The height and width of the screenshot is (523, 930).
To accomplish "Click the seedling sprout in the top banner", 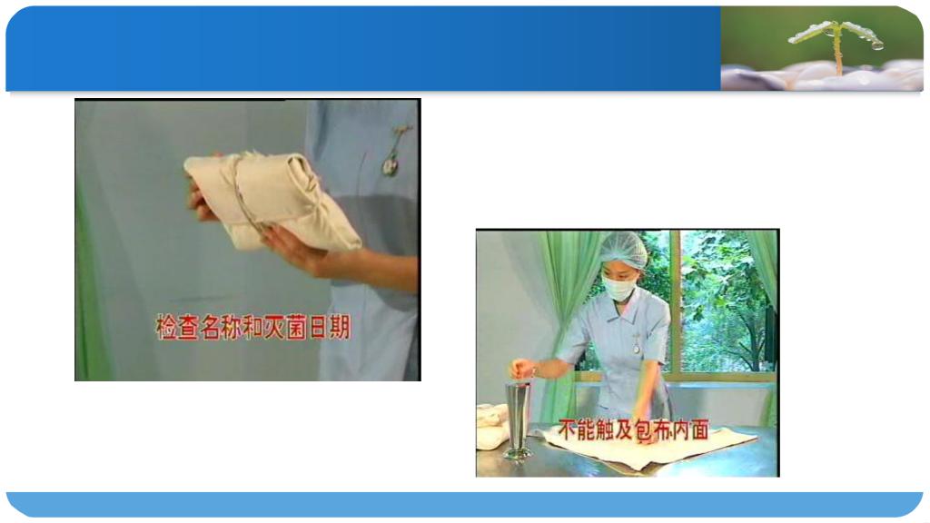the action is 836,44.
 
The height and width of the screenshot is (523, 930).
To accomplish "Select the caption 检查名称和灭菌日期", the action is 253,327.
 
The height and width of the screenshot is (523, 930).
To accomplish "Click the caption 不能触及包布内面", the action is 633,429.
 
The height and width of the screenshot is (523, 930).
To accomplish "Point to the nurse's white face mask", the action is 618,288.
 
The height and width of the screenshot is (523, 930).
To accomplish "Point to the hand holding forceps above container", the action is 523,368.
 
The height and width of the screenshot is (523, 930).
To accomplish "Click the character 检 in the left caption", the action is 167,327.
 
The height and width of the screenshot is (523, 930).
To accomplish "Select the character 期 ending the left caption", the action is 341,327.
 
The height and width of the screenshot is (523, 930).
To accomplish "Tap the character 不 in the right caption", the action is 568,429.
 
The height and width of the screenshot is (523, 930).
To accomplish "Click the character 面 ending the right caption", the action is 700,429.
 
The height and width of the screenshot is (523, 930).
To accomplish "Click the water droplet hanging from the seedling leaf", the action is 876,44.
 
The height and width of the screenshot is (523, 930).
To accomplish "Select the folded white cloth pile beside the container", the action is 491,426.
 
